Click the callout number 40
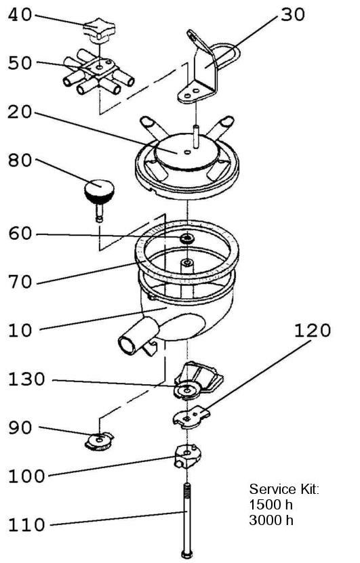[x=20, y=15]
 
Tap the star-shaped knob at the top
[x=99, y=30]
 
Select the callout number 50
[x=20, y=63]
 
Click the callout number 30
[x=293, y=14]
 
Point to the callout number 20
[x=20, y=112]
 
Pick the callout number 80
[x=20, y=160]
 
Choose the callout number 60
[x=20, y=234]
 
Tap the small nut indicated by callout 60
[x=187, y=238]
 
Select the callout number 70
[x=20, y=282]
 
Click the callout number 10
[x=20, y=330]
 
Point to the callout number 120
[x=313, y=330]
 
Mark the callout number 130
[x=26, y=379]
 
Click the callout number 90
[x=20, y=428]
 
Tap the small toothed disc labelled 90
[x=99, y=441]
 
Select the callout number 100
[x=26, y=476]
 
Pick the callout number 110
[x=26, y=524]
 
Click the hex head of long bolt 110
[x=187, y=554]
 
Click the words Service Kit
[x=284, y=489]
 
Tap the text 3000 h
[x=271, y=520]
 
